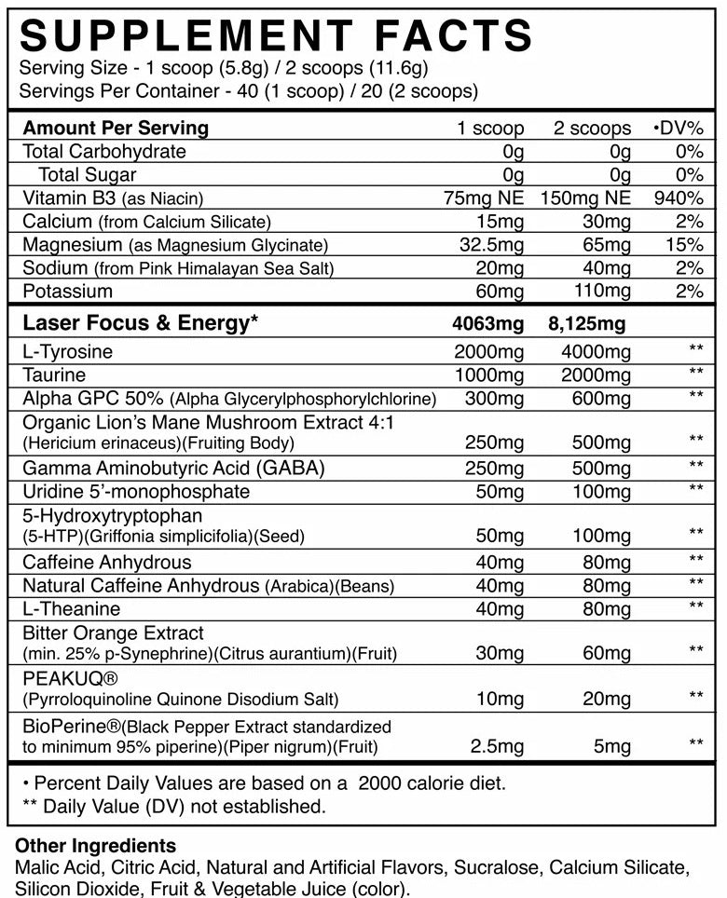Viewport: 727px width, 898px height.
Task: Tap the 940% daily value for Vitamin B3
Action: pyautogui.click(x=679, y=198)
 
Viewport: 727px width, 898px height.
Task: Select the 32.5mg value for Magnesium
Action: pyautogui.click(x=493, y=245)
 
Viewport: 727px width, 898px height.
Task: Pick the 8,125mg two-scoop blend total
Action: pyautogui.click(x=586, y=324)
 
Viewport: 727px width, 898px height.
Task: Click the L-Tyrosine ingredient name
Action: pyautogui.click(x=67, y=352)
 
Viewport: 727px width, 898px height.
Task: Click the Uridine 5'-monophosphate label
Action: pyautogui.click(x=136, y=491)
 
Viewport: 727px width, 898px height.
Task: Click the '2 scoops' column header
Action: pyautogui.click(x=592, y=129)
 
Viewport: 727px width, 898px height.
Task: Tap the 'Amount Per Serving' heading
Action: pyautogui.click(x=116, y=129)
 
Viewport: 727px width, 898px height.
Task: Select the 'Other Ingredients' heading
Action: pyautogui.click(x=96, y=847)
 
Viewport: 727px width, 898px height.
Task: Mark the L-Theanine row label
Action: pyautogui.click(x=72, y=609)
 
